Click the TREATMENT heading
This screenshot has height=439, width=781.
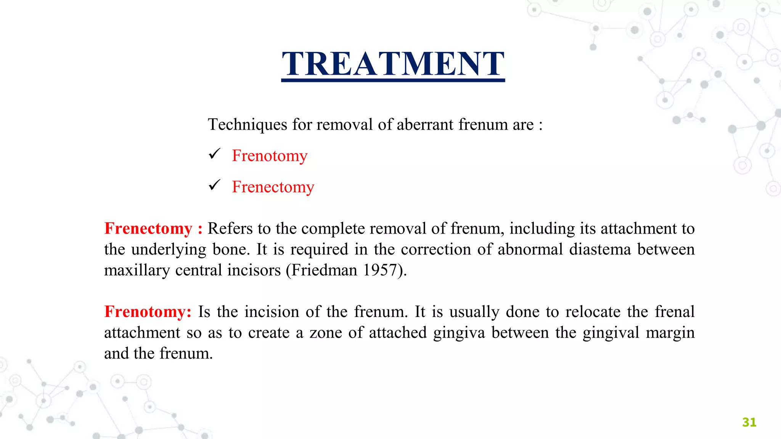393,64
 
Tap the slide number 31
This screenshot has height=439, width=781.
749,422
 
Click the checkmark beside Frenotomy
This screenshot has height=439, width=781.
215,154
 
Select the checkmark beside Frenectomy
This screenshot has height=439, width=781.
215,185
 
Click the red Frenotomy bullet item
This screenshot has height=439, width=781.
270,156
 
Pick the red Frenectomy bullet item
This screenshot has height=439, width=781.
273,187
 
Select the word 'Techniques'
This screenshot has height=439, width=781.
247,125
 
